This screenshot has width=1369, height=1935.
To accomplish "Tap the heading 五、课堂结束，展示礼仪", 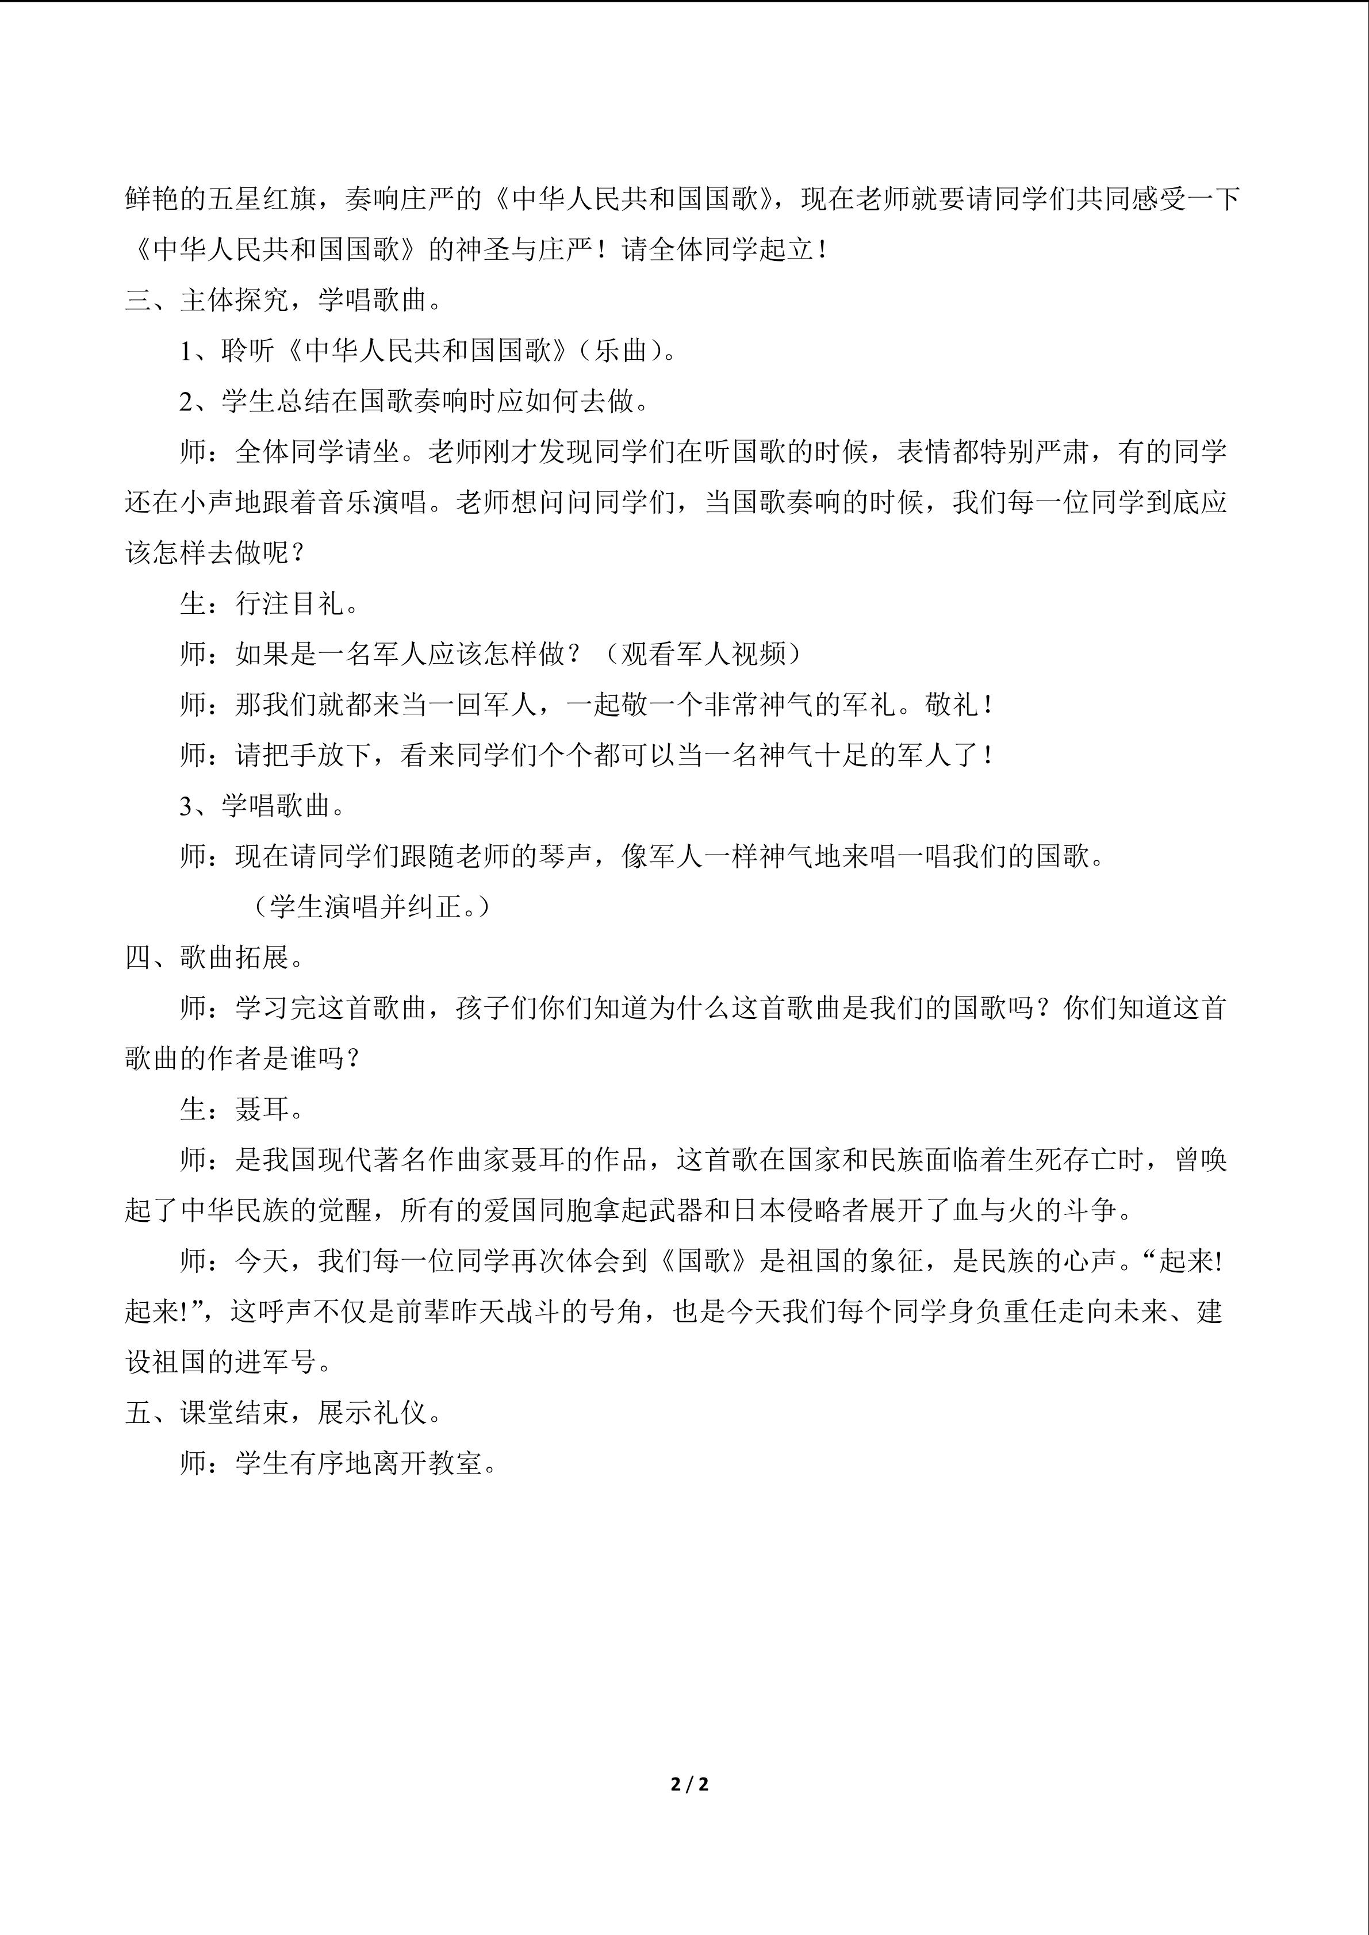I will coord(283,1413).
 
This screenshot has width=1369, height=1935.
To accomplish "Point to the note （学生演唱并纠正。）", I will coord(370,907).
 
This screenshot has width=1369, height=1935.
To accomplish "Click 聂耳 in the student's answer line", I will coord(262,1109).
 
